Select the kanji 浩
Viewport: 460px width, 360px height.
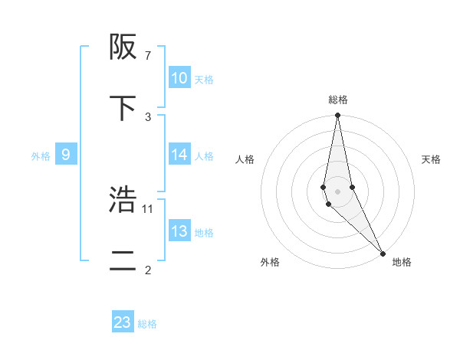coord(123,200)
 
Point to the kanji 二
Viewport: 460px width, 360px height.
coord(123,260)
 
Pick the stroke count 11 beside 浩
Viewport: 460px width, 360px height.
coord(149,208)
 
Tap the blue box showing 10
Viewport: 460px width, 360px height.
coord(179,78)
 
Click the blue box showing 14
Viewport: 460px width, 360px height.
coord(179,155)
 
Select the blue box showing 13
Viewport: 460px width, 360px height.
coord(179,231)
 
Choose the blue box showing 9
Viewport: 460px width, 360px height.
coord(66,155)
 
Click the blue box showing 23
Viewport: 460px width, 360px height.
coord(123,322)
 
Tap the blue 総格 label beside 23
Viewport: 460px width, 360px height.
coord(147,324)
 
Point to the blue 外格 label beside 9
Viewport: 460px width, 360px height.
coord(41,156)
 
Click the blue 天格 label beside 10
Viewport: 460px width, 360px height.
coord(204,80)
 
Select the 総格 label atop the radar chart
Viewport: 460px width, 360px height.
coord(338,100)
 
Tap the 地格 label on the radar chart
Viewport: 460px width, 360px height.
coord(402,263)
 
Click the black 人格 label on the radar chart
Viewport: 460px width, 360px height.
coord(245,159)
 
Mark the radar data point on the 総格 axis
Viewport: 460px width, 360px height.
coord(338,116)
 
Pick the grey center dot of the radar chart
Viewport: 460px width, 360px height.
coord(338,191)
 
